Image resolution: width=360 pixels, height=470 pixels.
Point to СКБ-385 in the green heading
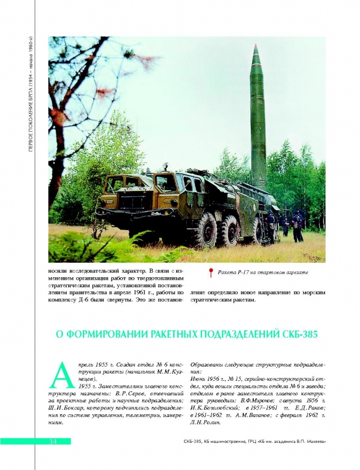[297, 335]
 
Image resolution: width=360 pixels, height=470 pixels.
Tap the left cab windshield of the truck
[125, 187]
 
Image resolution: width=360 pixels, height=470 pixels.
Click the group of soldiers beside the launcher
[285, 225]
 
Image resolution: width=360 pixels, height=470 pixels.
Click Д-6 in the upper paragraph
[90, 300]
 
